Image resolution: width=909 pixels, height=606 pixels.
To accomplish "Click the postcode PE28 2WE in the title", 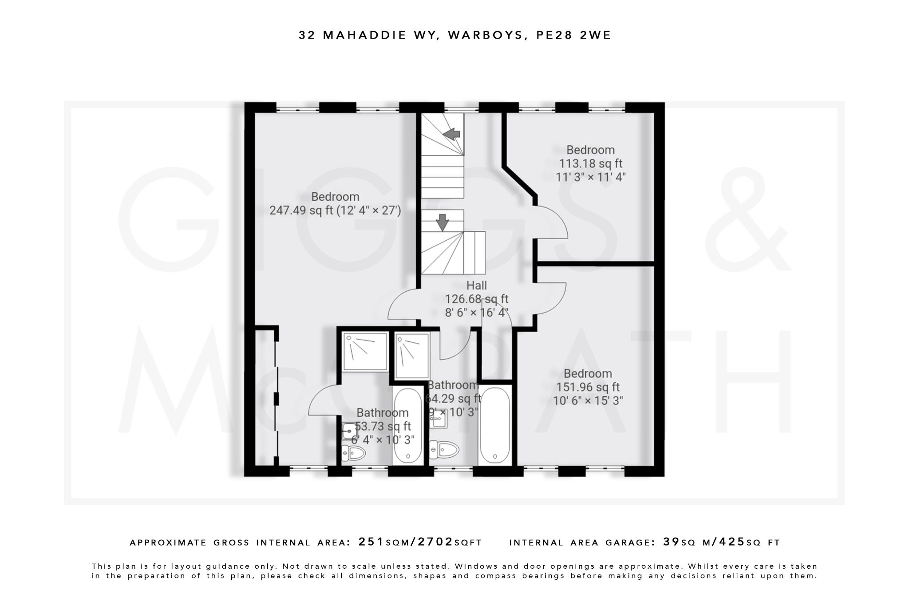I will tap(573, 35).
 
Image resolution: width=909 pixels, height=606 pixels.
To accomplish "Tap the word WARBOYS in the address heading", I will tap(485, 35).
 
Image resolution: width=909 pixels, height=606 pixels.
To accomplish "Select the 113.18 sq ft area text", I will tap(590, 163).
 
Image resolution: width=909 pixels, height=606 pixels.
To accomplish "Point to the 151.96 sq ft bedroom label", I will tap(588, 387).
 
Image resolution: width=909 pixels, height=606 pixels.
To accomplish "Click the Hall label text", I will tap(476, 285).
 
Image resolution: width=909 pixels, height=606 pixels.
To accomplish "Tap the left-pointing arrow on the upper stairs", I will tap(451, 134).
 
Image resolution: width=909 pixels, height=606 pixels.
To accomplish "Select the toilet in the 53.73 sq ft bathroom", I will tap(354, 453).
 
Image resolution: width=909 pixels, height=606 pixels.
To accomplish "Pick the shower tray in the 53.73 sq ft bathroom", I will tap(365, 351).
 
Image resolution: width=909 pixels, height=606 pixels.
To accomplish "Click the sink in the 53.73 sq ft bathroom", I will tap(350, 431).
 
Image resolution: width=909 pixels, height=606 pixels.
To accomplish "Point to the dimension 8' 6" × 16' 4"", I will tap(476, 313).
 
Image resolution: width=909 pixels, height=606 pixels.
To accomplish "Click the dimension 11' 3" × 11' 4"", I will tap(590, 177).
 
